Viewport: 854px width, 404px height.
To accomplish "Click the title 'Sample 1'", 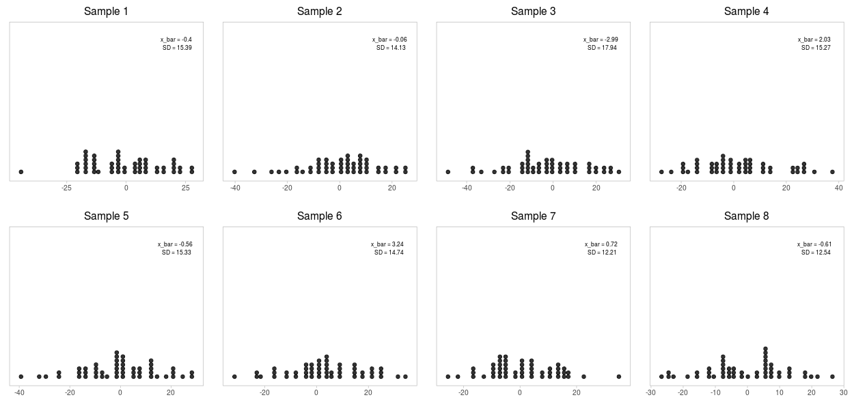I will [106, 12].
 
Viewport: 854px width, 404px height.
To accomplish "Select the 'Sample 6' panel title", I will [319, 216].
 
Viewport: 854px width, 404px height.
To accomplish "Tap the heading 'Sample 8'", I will [746, 216].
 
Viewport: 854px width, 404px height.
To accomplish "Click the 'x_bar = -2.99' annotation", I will [601, 40].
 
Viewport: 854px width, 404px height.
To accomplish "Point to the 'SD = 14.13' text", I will [391, 48].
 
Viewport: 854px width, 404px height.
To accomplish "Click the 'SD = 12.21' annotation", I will [602, 252].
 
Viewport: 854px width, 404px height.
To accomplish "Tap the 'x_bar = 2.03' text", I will [814, 40].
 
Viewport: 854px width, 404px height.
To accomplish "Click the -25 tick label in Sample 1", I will [66, 188].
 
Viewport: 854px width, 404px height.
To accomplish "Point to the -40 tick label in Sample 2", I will [234, 188].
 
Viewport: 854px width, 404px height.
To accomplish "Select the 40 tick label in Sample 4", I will [838, 188].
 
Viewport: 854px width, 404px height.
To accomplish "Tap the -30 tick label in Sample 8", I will [650, 392].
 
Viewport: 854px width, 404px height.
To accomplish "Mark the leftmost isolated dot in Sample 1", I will [21, 172].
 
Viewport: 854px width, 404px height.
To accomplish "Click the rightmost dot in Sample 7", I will [618, 377].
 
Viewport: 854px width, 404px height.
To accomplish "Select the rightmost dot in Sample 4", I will [832, 172].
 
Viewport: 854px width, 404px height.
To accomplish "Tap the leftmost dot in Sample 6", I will [234, 377].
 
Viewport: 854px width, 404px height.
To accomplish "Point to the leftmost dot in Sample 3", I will [448, 172].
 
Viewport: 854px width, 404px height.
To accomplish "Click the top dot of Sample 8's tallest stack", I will [766, 349].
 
